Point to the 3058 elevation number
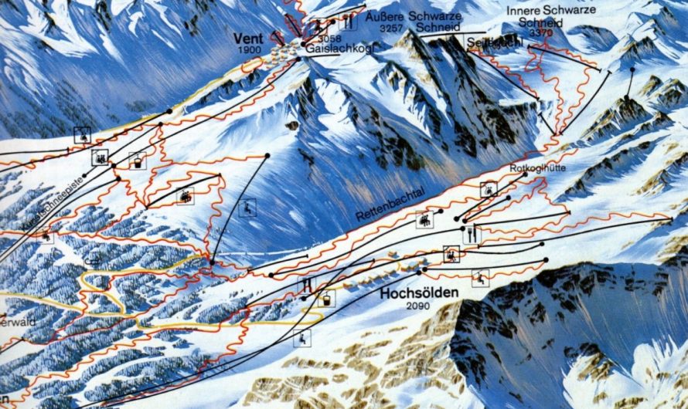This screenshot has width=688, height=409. pos(329,37)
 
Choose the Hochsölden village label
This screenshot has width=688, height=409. pos(420,294)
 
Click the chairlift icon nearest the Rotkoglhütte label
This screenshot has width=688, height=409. pos(489,189)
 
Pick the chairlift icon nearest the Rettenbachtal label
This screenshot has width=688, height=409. pos(425,220)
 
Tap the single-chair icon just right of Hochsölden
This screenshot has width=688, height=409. pos(482,278)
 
